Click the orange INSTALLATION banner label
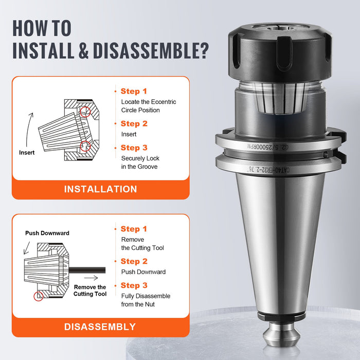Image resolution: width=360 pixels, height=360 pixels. tap(101, 189)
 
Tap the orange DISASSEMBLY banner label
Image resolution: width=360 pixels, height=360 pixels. tap(100, 327)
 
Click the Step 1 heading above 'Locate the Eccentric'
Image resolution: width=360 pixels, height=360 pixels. tap(134, 91)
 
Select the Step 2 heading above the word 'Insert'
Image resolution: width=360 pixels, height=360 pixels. tap(134, 123)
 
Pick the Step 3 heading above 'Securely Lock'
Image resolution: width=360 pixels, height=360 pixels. tap(134, 148)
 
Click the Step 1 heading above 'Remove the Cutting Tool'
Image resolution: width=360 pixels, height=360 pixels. tap(134, 229)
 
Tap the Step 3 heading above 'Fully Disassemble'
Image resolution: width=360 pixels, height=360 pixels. tap(134, 285)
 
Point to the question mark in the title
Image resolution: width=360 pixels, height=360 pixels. tap(203, 50)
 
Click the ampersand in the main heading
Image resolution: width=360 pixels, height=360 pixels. tap(83, 50)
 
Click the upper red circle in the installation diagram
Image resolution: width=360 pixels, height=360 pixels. tap(85, 112)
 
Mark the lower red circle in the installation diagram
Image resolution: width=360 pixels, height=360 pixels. tap(85, 146)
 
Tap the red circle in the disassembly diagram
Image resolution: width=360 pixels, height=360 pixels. tap(39, 296)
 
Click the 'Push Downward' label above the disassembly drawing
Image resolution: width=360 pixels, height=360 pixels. tap(47, 233)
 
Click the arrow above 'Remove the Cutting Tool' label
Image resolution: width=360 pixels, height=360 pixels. tap(91, 278)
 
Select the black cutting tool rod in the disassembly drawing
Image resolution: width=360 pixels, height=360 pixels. tap(87, 270)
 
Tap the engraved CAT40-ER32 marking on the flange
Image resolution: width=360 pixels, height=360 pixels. tap(269, 170)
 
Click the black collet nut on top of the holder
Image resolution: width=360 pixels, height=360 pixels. tap(280, 52)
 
